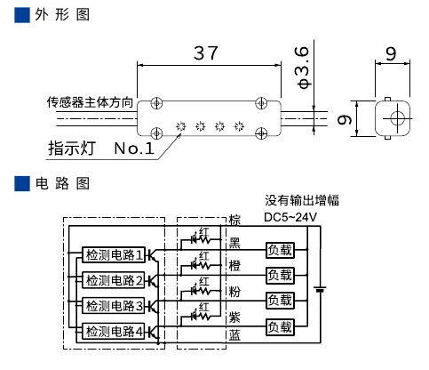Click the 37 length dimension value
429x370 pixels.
[x=207, y=53]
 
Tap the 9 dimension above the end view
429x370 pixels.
[x=390, y=53]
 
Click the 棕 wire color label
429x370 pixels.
[x=234, y=220]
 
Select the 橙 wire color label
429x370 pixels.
[x=234, y=265]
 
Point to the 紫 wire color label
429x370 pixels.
[x=234, y=313]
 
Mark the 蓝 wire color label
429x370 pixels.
[x=234, y=336]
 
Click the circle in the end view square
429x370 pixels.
[x=391, y=117]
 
